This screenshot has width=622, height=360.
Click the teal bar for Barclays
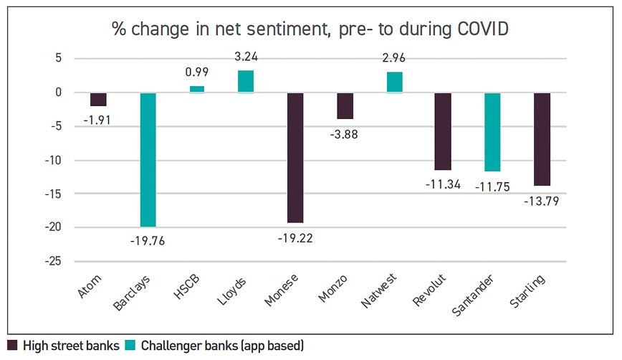tap(148, 159)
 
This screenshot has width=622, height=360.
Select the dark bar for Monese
tap(295, 158)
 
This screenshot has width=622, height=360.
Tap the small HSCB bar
tap(197, 90)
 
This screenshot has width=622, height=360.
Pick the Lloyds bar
tap(246, 81)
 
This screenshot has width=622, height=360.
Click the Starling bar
tap(542, 139)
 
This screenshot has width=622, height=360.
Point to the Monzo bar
tap(345, 106)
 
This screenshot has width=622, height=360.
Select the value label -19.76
tap(148, 241)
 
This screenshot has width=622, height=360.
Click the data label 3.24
tap(246, 57)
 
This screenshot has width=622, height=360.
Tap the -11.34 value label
tap(443, 184)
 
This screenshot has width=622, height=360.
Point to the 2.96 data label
tap(394, 58)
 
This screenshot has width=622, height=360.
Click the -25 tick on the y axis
tap(53, 261)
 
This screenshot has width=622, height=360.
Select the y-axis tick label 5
tap(59, 58)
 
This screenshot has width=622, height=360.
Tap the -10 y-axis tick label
tap(53, 160)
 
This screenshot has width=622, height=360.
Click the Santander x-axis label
tap(472, 295)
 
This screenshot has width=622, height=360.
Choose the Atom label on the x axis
tap(89, 286)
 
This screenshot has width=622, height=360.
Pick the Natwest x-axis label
tap(378, 290)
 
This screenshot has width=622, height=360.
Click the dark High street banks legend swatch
tap(12, 346)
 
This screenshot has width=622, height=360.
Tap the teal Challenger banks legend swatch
tap(130, 346)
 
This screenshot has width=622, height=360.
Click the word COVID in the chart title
tap(483, 29)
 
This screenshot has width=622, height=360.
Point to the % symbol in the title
tap(119, 29)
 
